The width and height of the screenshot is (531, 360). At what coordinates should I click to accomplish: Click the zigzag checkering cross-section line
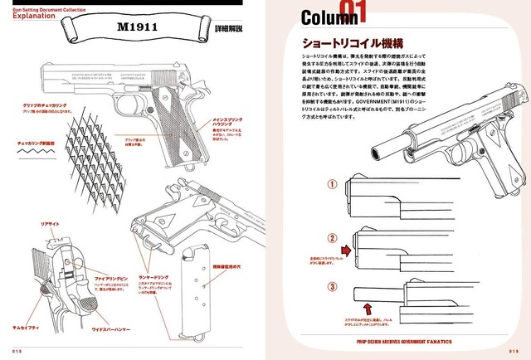(x=37, y=153)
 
